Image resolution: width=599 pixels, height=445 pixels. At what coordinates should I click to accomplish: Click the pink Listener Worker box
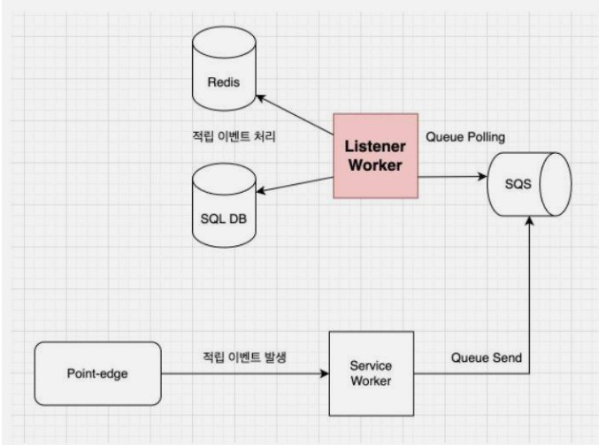point(375,156)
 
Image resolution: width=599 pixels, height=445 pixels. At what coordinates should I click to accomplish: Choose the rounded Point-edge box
point(96,372)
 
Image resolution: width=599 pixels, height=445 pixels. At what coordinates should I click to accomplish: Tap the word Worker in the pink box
point(375,165)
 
